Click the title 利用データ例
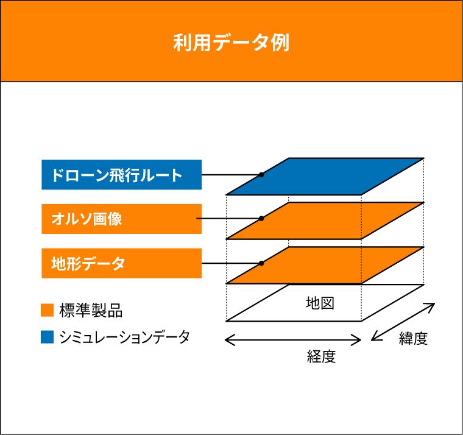pos(231,43)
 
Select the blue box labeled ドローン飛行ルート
pos(122,174)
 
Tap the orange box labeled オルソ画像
pos(122,219)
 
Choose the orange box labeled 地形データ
pos(122,263)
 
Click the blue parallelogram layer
pos(325,176)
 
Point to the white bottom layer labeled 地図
pos(325,303)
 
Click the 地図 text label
pos(320,303)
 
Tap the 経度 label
pos(321,356)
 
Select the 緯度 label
pos(414,338)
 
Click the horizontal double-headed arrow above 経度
pos(293,340)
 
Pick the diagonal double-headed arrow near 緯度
pos(403,322)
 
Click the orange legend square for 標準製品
pos(48,310)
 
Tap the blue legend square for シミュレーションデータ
pos(48,337)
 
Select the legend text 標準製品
pos(91,310)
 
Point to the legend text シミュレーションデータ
pos(125,337)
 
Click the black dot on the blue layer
pos(261,174)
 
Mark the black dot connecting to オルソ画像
pos(261,219)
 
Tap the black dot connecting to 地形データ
pos(261,263)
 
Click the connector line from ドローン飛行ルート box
pos(231,174)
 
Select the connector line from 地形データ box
pos(231,263)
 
